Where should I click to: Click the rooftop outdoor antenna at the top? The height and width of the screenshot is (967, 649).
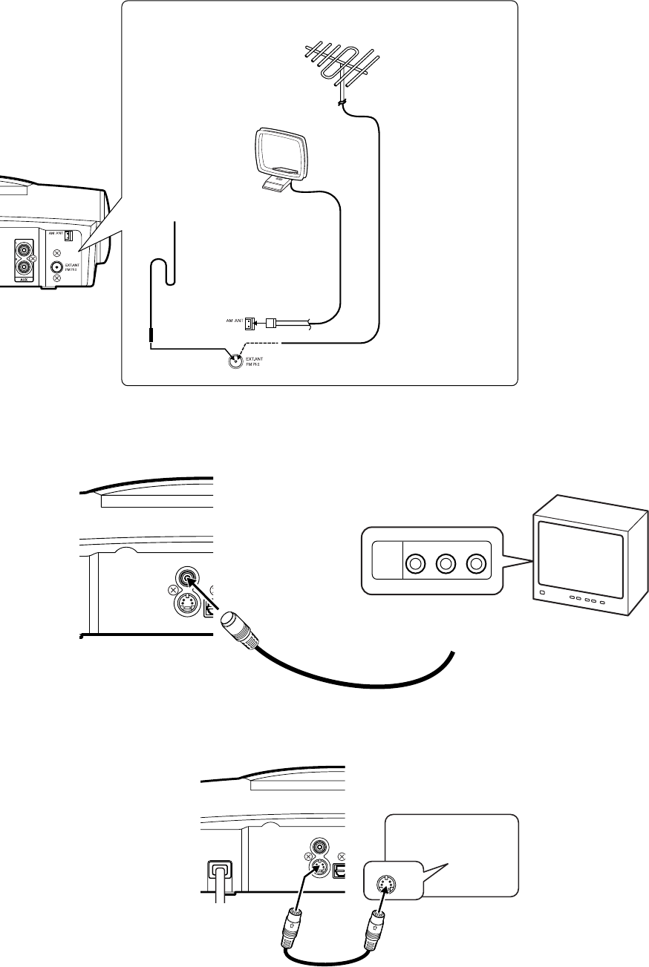click(x=338, y=63)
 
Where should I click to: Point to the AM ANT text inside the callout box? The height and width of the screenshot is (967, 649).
click(x=232, y=321)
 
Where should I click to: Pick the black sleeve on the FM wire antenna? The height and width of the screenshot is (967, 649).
click(x=150, y=336)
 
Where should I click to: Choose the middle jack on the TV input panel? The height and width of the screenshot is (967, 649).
click(x=446, y=564)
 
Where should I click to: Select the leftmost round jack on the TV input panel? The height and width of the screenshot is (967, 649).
click(x=415, y=564)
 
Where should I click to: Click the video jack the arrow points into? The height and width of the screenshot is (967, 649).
click(x=186, y=577)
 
